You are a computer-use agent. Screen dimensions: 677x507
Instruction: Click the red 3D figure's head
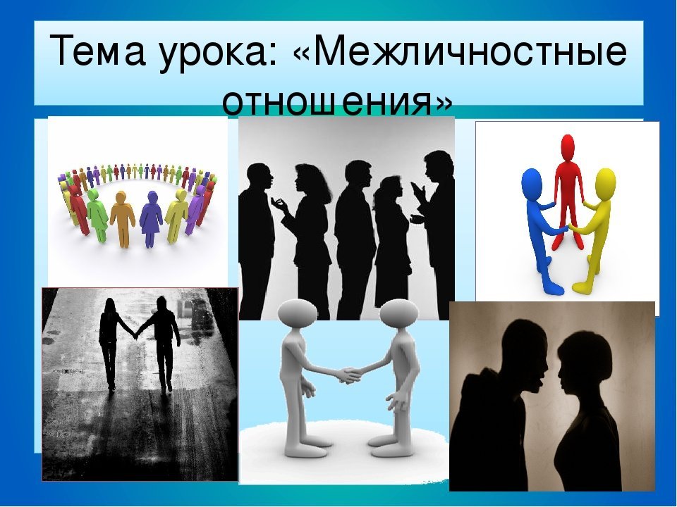point(567,149)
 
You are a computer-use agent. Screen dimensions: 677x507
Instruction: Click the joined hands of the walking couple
point(135,333)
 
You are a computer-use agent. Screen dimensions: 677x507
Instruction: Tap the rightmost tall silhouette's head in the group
point(438,168)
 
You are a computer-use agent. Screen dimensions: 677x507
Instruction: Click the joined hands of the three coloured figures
point(568,226)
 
